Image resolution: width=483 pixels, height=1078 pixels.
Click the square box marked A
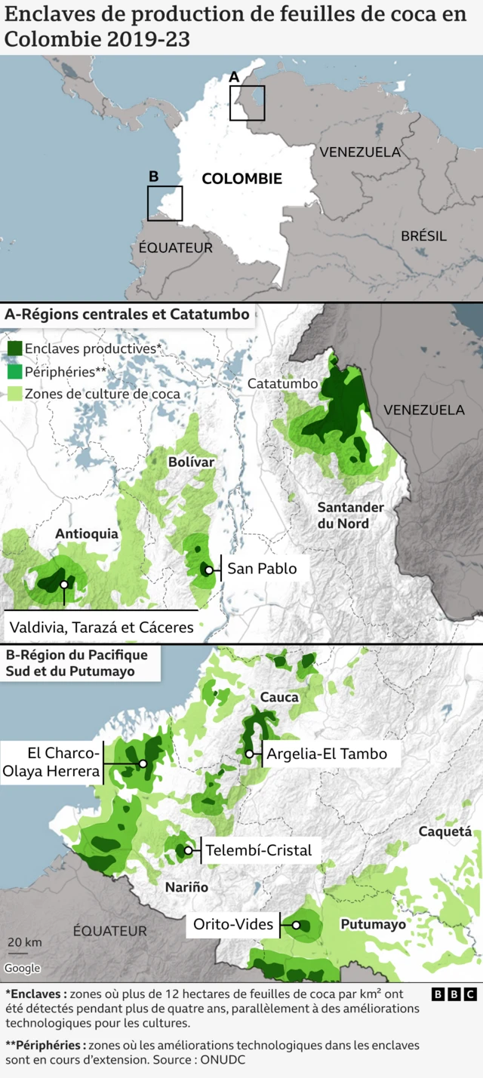pyautogui.click(x=248, y=103)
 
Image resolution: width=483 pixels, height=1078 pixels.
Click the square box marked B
pyautogui.click(x=165, y=203)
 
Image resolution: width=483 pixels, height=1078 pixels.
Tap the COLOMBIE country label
pyautogui.click(x=241, y=179)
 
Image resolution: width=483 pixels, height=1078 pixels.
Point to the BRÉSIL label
pyautogui.click(x=423, y=236)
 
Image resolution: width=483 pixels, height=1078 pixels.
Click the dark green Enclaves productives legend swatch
pyautogui.click(x=14, y=349)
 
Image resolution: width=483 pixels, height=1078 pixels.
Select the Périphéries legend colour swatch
pyautogui.click(x=14, y=371)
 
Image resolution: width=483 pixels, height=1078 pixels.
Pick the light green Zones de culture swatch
pyautogui.click(x=14, y=394)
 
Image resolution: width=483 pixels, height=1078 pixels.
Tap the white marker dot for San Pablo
pyautogui.click(x=208, y=570)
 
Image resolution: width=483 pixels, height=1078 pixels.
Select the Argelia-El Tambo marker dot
pyautogui.click(x=249, y=754)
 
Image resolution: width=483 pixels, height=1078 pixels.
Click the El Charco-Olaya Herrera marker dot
pyautogui.click(x=143, y=763)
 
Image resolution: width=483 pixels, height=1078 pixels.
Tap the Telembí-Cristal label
pyautogui.click(x=258, y=850)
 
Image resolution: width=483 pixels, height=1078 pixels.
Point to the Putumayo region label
pyautogui.click(x=372, y=924)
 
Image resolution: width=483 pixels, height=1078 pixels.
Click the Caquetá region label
pyautogui.click(x=444, y=832)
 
